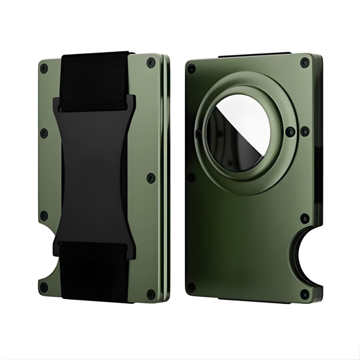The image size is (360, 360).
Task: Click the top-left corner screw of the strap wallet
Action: [44, 68]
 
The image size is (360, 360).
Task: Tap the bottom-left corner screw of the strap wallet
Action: [44, 287]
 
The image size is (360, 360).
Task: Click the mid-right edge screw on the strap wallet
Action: [151, 177]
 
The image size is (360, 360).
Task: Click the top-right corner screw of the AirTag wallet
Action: [305, 62]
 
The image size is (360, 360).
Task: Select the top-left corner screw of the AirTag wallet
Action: [192, 68]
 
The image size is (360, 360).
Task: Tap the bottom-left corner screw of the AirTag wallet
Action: [192, 287]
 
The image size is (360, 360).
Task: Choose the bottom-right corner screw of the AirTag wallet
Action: [305, 294]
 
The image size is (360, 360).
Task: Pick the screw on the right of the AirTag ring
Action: [291, 131]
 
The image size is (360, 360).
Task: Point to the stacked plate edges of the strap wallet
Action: [166, 180]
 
